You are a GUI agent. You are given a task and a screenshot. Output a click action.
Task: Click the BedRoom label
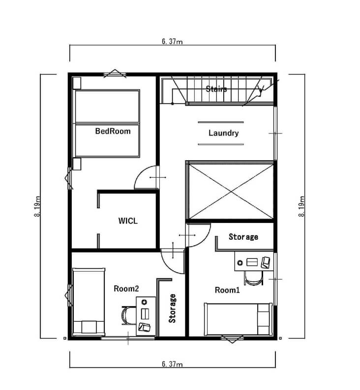tap(113, 131)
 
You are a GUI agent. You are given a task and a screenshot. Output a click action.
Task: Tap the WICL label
tap(128, 221)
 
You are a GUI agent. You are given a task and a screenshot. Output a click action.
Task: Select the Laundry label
tap(223, 133)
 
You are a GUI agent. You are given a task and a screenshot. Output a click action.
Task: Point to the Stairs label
tap(216, 89)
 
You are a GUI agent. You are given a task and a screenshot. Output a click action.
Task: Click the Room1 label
tap(227, 290)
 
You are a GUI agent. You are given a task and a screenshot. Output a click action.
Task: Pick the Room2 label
tap(126, 288)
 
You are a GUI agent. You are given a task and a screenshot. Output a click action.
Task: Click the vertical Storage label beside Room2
tap(172, 308)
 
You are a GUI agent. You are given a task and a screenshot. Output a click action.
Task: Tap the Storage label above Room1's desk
tap(243, 237)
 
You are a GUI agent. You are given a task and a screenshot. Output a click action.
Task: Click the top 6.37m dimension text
tap(172, 41)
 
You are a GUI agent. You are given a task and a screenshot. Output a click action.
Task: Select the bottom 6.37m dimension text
tap(172, 364)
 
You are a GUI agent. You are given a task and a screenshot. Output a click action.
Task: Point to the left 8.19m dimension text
tap(37, 206)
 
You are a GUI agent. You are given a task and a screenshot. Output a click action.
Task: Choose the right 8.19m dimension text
tap(301, 206)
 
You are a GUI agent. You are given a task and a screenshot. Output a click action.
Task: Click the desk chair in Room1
tap(254, 279)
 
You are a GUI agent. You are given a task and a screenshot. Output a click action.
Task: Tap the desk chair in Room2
tap(128, 315)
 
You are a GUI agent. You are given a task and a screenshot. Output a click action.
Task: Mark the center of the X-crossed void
tap(231, 192)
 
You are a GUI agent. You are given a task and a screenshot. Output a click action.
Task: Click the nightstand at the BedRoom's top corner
tap(77, 83)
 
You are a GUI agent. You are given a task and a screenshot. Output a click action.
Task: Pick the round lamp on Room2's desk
tap(144, 302)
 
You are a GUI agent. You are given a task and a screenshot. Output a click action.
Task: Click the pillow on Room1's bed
tap(264, 319)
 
